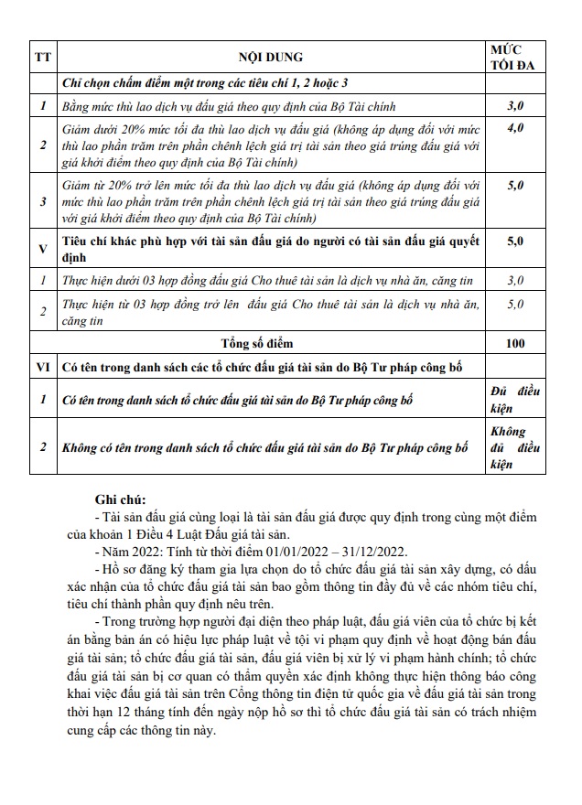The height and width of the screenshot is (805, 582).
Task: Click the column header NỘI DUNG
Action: [270, 57]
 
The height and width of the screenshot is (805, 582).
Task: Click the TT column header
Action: [43, 57]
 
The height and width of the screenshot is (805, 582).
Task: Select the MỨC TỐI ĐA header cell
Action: [513, 57]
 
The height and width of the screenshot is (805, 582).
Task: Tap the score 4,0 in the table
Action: [515, 128]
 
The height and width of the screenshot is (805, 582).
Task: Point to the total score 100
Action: [515, 343]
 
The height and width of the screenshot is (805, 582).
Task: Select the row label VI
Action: [43, 367]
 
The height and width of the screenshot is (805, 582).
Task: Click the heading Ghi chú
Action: [120, 499]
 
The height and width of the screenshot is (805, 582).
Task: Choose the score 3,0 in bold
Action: [515, 107]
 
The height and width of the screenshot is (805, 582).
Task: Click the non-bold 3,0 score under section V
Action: [515, 279]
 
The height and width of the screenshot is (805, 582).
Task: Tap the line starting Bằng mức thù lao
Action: [215, 107]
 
